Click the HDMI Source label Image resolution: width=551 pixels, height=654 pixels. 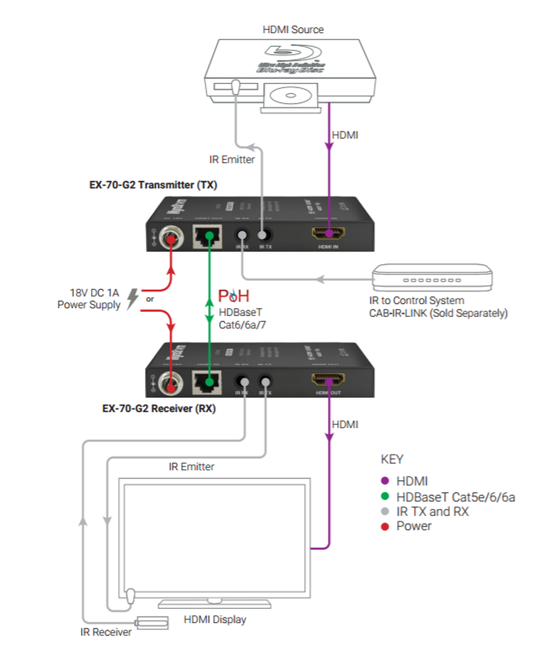293,30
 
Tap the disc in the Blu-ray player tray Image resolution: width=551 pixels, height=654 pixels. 290,96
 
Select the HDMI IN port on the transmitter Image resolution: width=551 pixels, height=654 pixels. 328,234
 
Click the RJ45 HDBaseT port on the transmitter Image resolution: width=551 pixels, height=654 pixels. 207,237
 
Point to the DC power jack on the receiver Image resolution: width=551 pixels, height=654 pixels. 171,384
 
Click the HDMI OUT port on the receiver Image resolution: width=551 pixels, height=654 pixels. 328,379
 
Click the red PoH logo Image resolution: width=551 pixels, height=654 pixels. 234,296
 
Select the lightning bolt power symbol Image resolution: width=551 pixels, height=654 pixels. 132,299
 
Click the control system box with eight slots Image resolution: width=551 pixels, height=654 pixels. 432,278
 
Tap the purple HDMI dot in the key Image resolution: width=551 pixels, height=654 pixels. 385,481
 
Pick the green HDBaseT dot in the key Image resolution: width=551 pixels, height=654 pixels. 385,496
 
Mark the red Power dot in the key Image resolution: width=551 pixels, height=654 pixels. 385,526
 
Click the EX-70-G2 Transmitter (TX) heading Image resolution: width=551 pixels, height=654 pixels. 153,185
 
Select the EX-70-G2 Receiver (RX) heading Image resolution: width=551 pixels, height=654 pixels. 159,408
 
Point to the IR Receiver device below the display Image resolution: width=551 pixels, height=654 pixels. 152,622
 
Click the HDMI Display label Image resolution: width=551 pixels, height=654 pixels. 215,620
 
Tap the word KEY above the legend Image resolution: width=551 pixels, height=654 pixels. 392,459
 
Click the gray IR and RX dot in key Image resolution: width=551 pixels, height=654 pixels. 385,512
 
